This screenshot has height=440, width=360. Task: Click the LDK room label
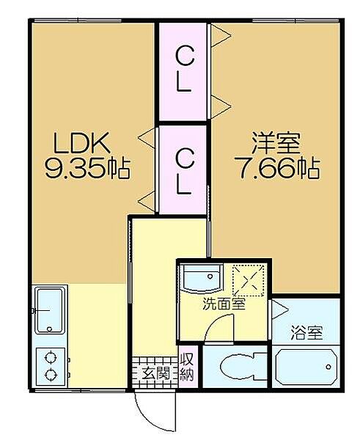point(81,144)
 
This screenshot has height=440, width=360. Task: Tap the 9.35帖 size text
point(88,169)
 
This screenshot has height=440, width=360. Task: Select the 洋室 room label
point(276,144)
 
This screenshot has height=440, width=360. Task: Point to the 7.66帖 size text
point(278,169)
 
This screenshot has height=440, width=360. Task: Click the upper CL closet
point(183,72)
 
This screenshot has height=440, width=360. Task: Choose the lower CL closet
point(183,170)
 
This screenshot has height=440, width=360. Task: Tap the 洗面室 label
point(224,304)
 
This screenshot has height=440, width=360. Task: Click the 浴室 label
point(306,333)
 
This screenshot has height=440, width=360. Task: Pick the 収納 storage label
point(186,367)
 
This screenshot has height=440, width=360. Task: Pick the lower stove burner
point(51,375)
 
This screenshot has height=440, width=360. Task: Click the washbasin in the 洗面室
point(202,278)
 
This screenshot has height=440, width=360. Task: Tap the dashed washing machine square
point(249,280)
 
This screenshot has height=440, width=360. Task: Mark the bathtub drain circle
point(328,367)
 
